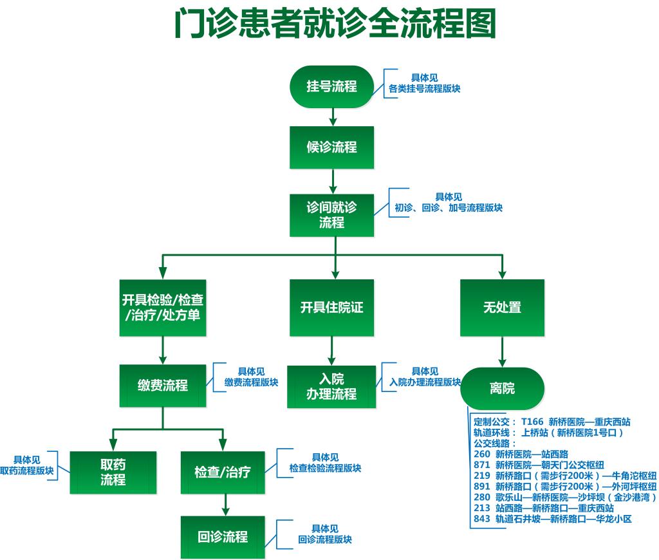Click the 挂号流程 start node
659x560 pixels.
(331, 86)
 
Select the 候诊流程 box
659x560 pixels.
(331, 147)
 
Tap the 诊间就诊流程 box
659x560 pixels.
(331, 215)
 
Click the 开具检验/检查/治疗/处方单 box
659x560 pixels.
(163, 308)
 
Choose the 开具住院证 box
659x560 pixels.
(331, 308)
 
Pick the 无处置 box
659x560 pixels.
(502, 308)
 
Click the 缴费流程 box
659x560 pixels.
(163, 386)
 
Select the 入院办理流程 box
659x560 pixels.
(331, 387)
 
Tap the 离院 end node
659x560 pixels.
(502, 389)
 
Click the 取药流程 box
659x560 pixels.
(113, 472)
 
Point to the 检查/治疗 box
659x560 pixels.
(223, 472)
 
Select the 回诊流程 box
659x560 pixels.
(223, 537)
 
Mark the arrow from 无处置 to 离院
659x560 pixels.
(502, 351)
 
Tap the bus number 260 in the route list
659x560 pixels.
(481, 454)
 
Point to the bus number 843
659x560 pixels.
(481, 518)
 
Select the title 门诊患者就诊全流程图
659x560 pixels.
(335, 25)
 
